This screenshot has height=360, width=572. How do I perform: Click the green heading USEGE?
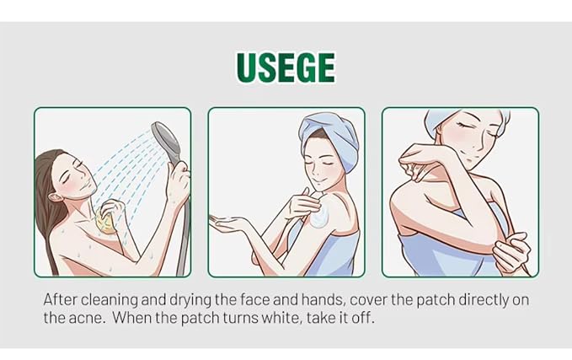pos(286,67)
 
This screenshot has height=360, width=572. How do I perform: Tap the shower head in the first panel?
pos(165,139)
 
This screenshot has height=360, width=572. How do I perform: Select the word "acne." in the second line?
pos(87,317)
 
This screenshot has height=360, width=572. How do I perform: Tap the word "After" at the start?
pos(61,299)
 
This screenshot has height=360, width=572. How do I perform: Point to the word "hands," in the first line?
pos(322,300)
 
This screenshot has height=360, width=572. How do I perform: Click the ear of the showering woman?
pos(56,197)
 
